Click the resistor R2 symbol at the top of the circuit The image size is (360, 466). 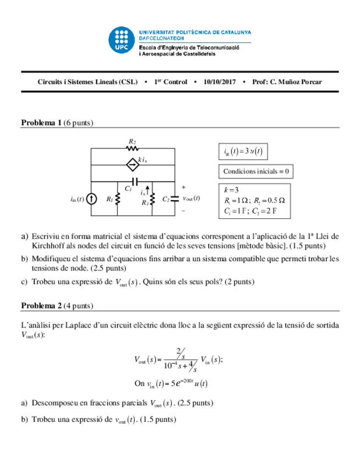pos(132,148)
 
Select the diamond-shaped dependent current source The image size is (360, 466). pos(132,164)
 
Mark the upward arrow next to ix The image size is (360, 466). pos(148,190)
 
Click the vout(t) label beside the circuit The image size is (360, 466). pos(191,198)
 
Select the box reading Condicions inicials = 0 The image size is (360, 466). pos(256,171)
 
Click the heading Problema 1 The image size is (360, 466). pos(41,123)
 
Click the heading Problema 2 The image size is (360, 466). pos(41,306)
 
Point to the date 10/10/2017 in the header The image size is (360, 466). pos(219,82)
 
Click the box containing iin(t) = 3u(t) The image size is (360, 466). pos(243,151)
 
